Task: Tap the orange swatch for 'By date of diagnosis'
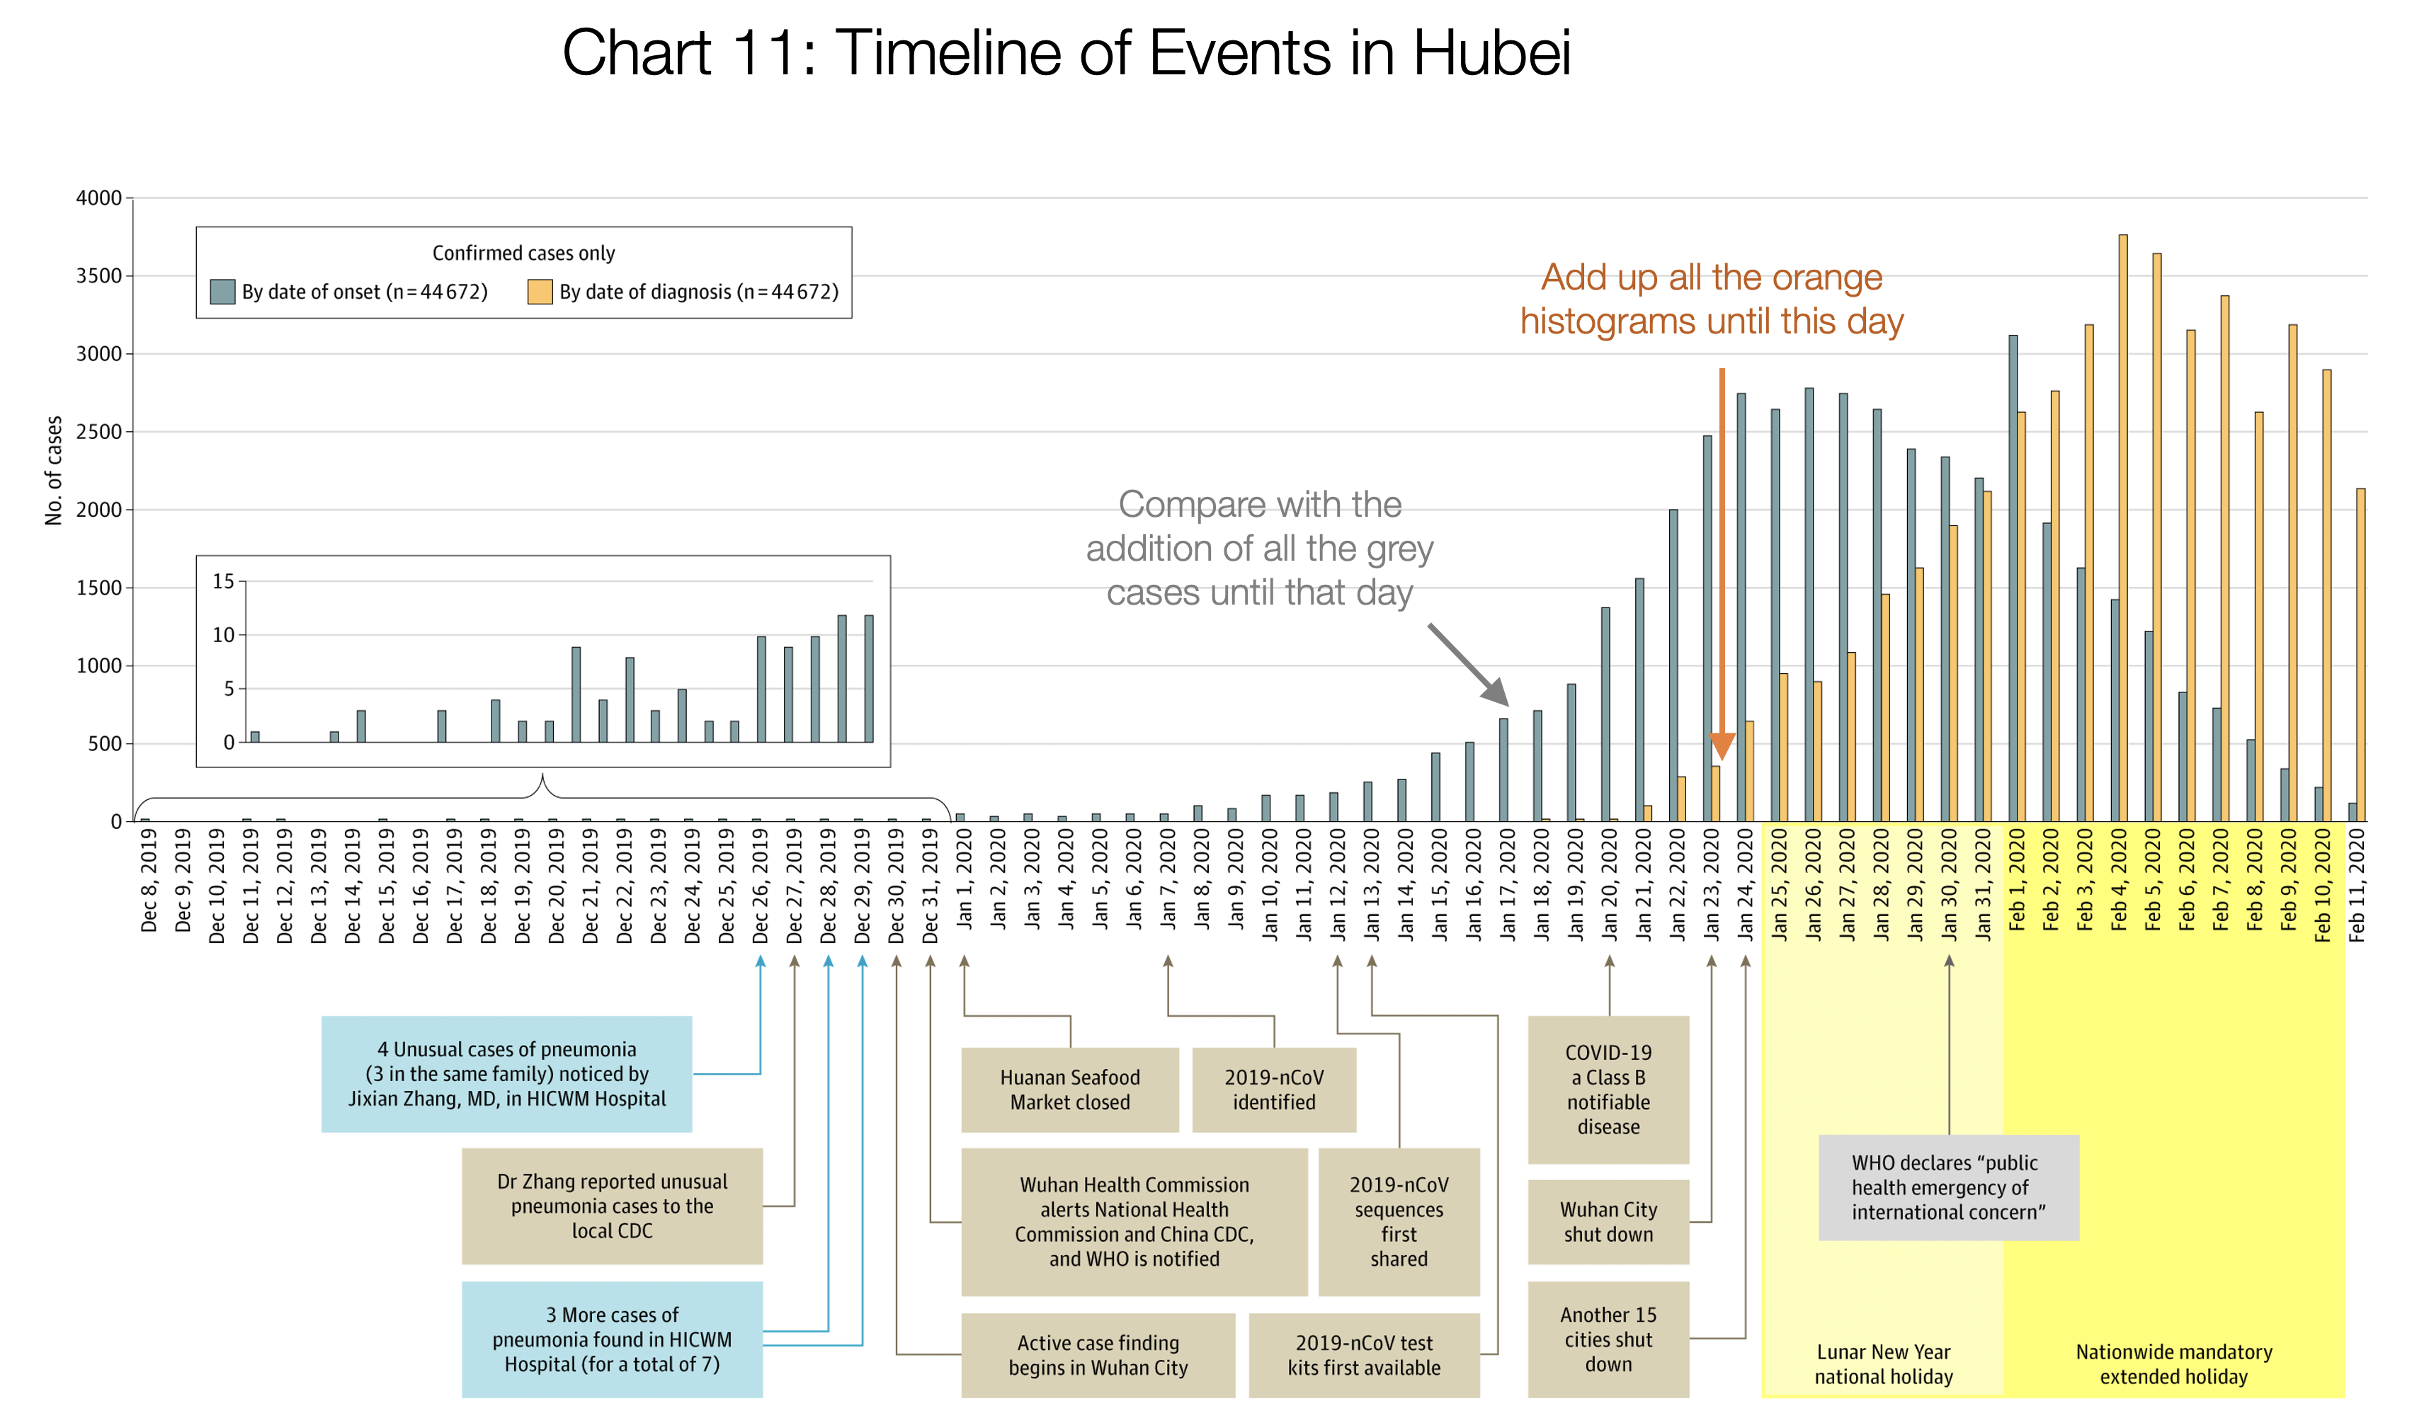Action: (x=540, y=292)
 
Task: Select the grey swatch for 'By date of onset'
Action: (x=222, y=292)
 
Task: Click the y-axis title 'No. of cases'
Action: (x=54, y=470)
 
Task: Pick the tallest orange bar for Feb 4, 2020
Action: (x=2123, y=527)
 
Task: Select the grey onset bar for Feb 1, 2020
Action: (x=2013, y=578)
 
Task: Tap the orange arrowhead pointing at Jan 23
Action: (x=1722, y=745)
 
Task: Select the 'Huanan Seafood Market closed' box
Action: (x=1070, y=1090)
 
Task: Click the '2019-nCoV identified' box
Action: (x=1274, y=1090)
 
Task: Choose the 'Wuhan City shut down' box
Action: (x=1608, y=1221)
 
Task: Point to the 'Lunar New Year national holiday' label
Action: (x=1883, y=1364)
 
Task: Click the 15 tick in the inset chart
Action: (x=223, y=582)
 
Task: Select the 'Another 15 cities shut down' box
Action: (x=1608, y=1339)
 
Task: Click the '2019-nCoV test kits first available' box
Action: (x=1364, y=1354)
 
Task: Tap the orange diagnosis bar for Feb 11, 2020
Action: (x=2360, y=655)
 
